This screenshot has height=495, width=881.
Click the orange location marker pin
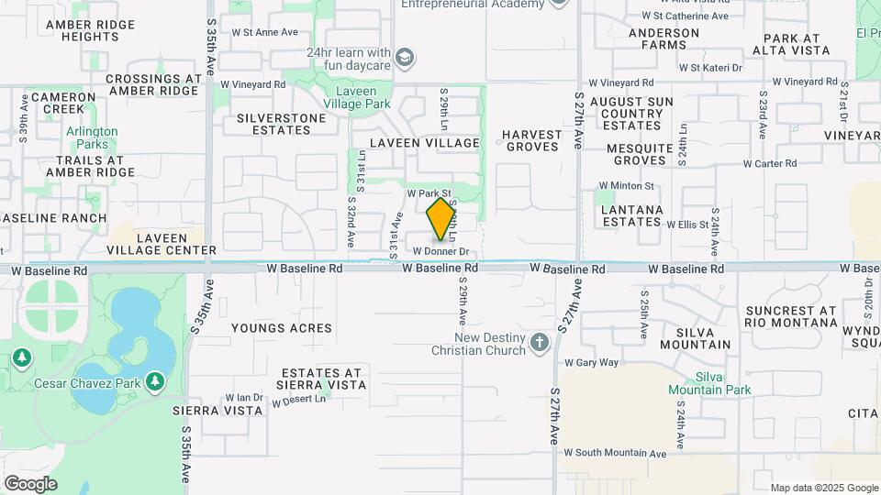[441, 219]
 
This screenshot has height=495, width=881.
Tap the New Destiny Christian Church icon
[540, 343]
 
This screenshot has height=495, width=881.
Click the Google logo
[30, 483]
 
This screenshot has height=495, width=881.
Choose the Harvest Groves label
[531, 140]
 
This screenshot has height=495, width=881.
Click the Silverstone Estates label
[281, 124]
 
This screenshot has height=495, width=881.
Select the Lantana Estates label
[631, 215]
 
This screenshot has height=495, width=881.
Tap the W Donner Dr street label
[440, 251]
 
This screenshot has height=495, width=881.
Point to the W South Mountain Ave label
[614, 453]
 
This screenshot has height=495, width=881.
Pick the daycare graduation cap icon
[404, 60]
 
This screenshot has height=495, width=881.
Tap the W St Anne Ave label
[265, 31]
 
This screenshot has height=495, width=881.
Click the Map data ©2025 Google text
[823, 488]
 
